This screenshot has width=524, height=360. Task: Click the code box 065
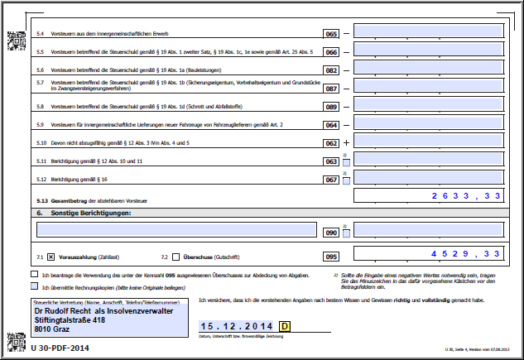pyautogui.click(x=331, y=33)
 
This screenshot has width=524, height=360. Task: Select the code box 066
pyautogui.click(x=331, y=52)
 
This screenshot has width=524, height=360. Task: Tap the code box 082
pyautogui.click(x=331, y=70)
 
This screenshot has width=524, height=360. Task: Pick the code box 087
pyautogui.click(x=331, y=89)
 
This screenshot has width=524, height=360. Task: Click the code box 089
pyautogui.click(x=331, y=107)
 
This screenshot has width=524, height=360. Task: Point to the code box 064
pyautogui.click(x=331, y=125)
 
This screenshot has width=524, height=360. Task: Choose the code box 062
pyautogui.click(x=331, y=143)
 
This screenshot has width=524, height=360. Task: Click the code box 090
pyautogui.click(x=331, y=233)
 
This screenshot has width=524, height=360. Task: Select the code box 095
pyautogui.click(x=331, y=256)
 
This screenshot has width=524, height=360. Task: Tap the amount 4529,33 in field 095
pyautogui.click(x=466, y=254)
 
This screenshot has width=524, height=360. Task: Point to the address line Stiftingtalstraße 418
pyautogui.click(x=75, y=319)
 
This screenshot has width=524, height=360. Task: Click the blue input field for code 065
pyautogui.click(x=428, y=31)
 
